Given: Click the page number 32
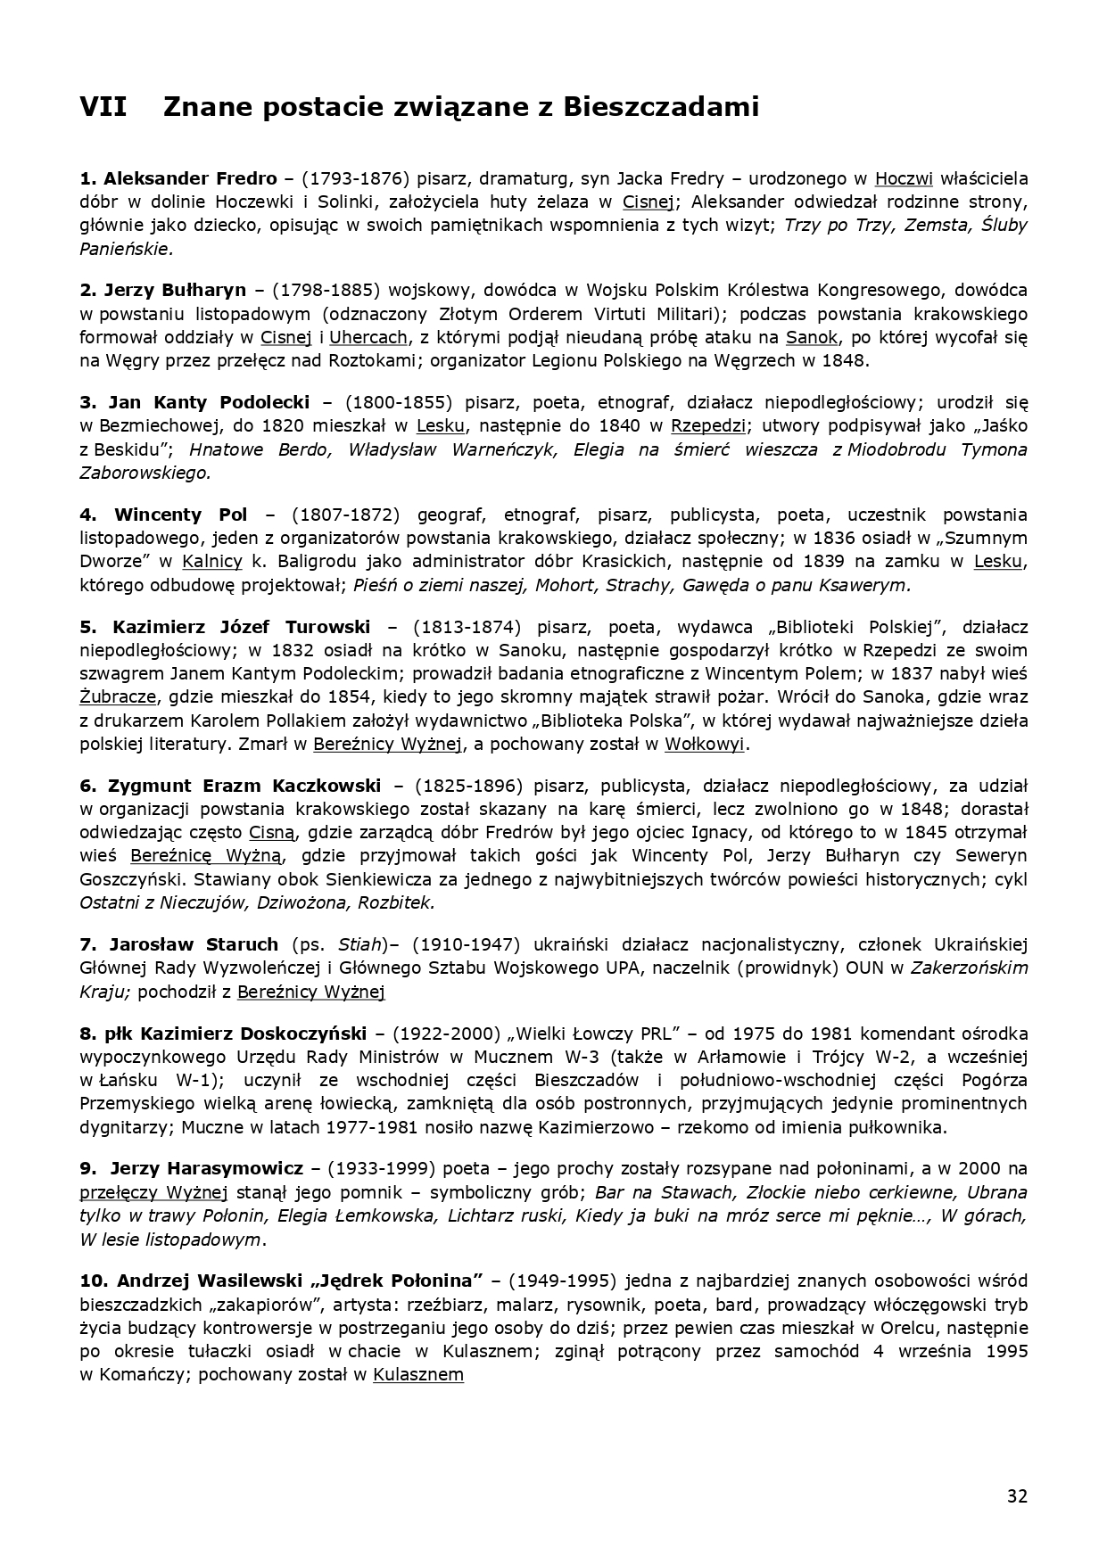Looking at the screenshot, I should (1017, 1495).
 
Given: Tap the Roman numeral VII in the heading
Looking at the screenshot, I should (103, 108).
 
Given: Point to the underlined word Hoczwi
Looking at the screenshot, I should (904, 178).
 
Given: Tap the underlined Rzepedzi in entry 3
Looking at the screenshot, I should (708, 425).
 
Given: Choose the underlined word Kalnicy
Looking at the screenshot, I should (212, 562).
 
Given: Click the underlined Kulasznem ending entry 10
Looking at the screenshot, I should (418, 1374).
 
